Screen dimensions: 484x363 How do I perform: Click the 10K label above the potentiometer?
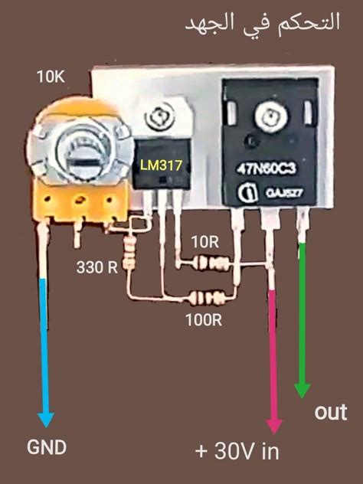coord(52,77)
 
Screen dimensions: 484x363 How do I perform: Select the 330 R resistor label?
coord(96,268)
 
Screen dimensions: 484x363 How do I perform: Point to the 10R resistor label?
coord(204,242)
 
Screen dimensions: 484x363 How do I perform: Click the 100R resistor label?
coord(204,319)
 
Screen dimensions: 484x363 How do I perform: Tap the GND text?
coord(47,447)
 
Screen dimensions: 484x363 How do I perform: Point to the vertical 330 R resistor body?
coord(129,252)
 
